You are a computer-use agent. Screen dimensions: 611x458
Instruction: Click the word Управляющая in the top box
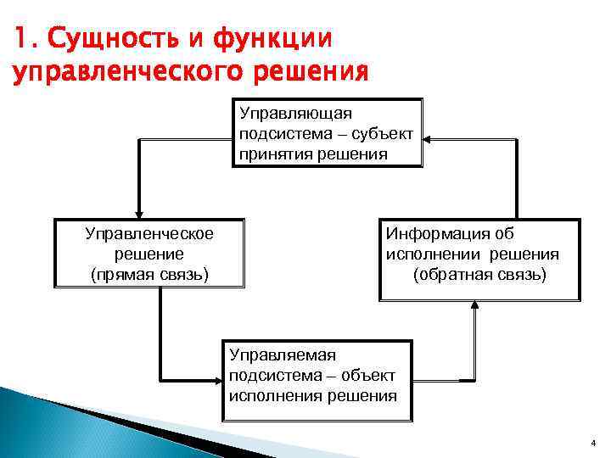(295, 112)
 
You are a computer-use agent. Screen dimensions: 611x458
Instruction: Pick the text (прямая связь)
(149, 275)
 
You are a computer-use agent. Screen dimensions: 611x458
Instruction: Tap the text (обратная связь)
(480, 275)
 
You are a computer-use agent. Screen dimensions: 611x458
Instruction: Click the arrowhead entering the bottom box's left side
(217, 380)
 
